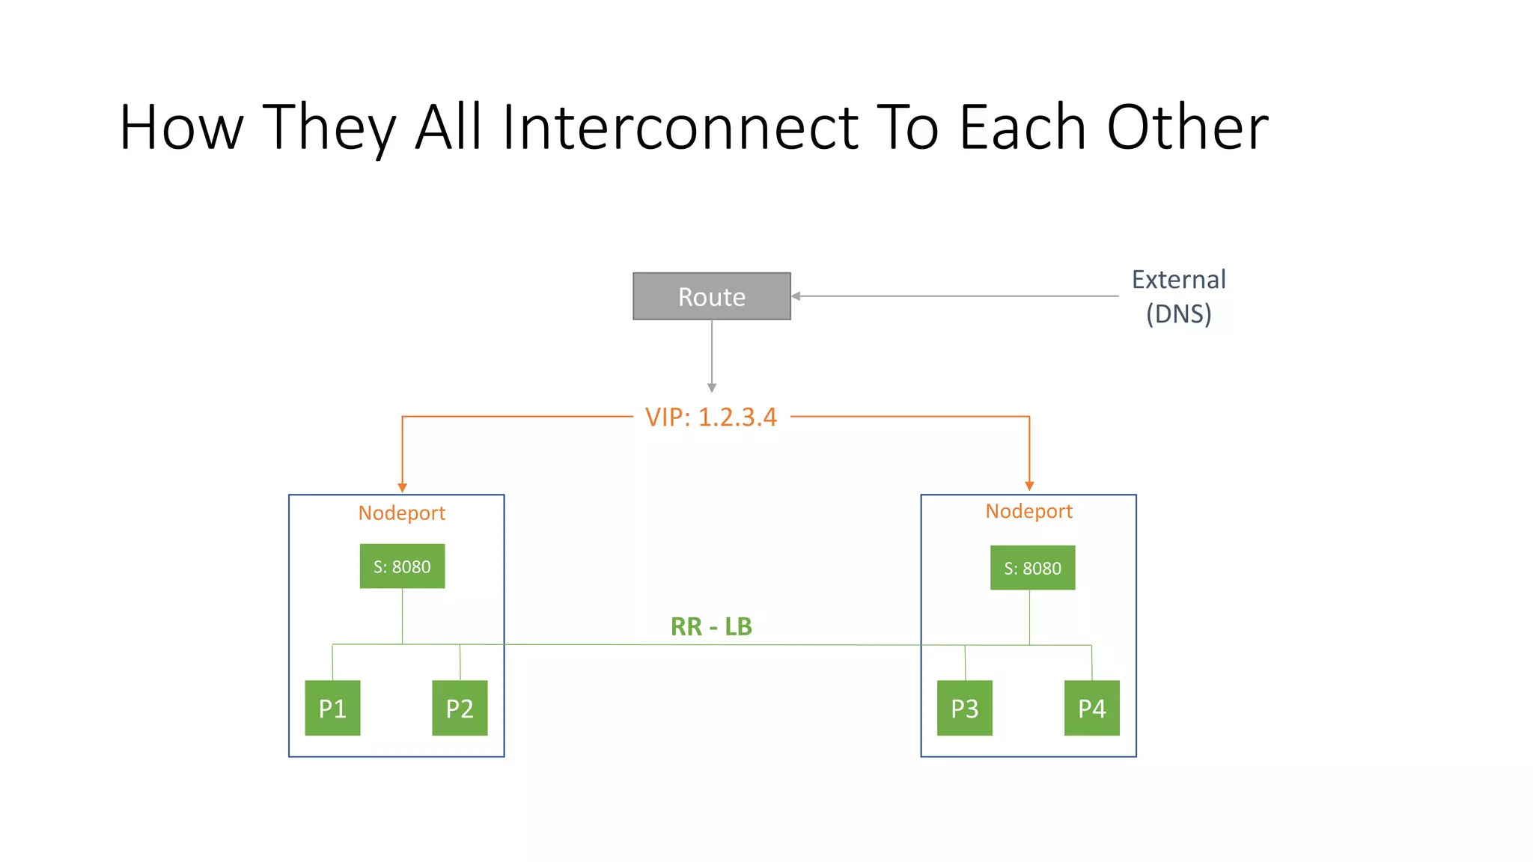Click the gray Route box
pos(711,296)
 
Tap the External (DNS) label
pos(1178,296)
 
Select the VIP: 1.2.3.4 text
pos(711,417)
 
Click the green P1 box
pos(332,708)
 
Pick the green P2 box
pos(460,708)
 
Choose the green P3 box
pos(964,708)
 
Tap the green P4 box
pos(1091,708)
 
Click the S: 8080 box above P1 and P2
pos(402,566)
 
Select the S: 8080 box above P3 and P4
pos(1032,568)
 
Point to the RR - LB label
pos(711,626)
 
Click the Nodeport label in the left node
pos(401,513)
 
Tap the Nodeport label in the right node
pos(1028,511)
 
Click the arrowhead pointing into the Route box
pos(796,296)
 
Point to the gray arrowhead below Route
pos(712,388)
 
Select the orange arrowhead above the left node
pos(402,488)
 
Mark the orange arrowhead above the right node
pos(1029,486)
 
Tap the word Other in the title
pos(1187,127)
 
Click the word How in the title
pos(181,127)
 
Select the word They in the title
pos(329,127)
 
